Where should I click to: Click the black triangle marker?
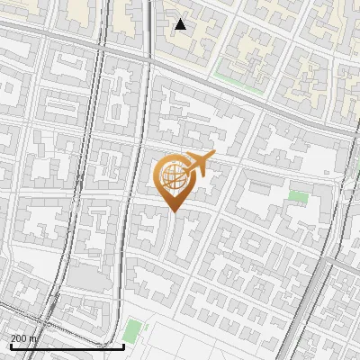coord(181,24)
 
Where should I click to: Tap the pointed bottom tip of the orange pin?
coord(174,211)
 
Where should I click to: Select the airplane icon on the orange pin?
coord(198,164)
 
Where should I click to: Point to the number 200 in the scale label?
coord(20,338)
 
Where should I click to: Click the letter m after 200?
coord(34,338)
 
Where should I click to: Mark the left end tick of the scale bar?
coord(10,346)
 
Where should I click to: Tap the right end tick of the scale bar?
coord(123,346)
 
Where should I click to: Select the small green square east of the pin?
coord(298,195)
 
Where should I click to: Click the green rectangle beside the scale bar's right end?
coord(133,330)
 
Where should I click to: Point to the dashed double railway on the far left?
coord(76,180)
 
